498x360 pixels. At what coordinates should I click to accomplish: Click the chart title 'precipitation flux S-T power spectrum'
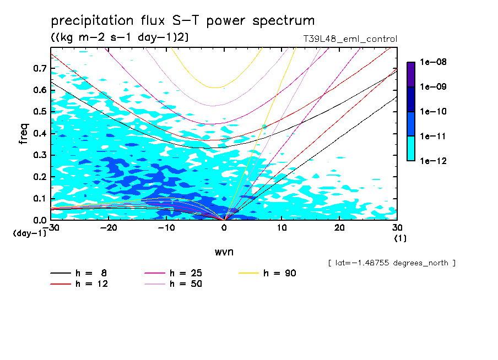(x=183, y=21)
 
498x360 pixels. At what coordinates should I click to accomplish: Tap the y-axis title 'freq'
(x=24, y=134)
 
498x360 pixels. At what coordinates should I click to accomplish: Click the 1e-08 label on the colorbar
(x=433, y=63)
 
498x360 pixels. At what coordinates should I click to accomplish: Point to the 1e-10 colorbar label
(x=433, y=112)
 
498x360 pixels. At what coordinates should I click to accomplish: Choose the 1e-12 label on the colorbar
(x=433, y=161)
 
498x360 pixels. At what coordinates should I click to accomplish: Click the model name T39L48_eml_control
(x=346, y=39)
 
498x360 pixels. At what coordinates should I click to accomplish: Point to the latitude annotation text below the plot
(x=391, y=263)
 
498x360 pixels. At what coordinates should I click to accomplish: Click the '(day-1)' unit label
(x=30, y=233)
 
